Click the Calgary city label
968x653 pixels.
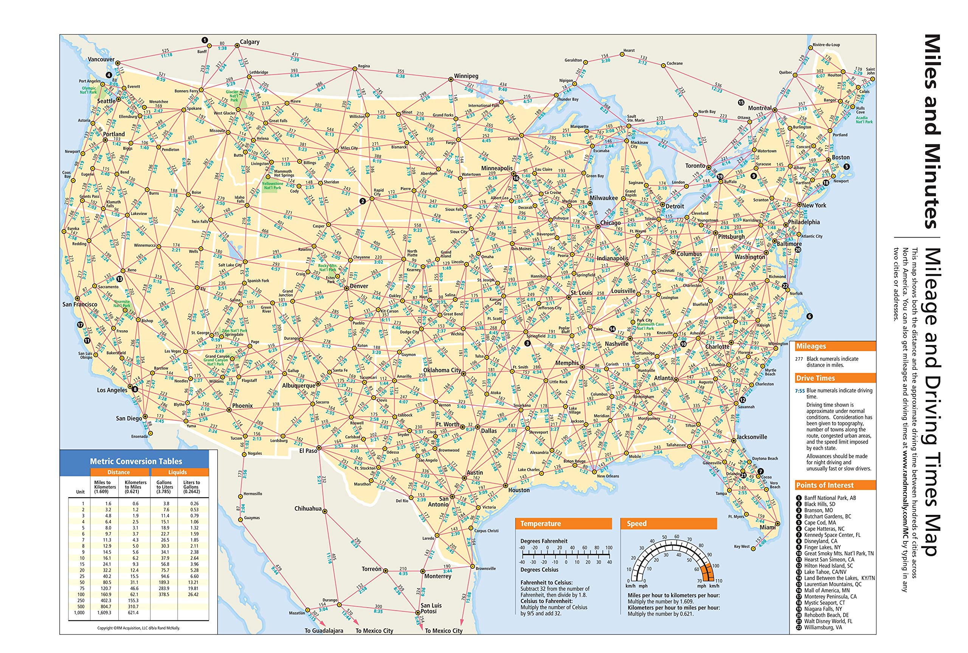pos(249,42)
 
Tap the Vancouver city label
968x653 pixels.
pos(101,59)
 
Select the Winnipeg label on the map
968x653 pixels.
pos(466,76)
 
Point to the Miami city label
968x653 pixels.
pos(768,527)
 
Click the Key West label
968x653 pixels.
pos(741,546)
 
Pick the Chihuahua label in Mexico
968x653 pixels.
pos(307,508)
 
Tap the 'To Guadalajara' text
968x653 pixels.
pos(324,631)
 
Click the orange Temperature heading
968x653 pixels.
pos(540,524)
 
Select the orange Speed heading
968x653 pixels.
pos(636,524)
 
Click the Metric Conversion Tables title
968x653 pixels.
pos(136,462)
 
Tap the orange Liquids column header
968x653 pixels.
pos(177,472)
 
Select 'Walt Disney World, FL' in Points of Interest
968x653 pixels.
pos(828,621)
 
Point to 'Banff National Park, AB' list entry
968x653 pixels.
pos(830,498)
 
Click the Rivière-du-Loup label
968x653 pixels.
pos(826,45)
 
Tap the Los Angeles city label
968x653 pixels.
pos(112,390)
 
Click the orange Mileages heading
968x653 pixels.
pos(811,347)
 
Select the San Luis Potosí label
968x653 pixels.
pos(431,608)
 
